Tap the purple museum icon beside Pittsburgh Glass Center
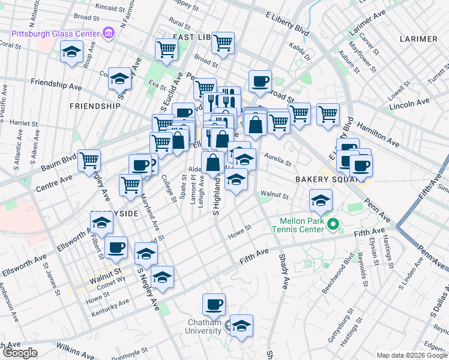pos(109,31)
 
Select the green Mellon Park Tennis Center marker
pos(334,226)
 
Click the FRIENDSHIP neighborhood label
pos(95,106)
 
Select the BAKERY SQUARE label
pos(322,179)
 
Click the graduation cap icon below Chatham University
pos(241,326)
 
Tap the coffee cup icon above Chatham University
pos(214,305)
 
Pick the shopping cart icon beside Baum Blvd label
pos(89,160)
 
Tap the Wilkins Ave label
pos(76,347)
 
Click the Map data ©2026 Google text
pos(412,355)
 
